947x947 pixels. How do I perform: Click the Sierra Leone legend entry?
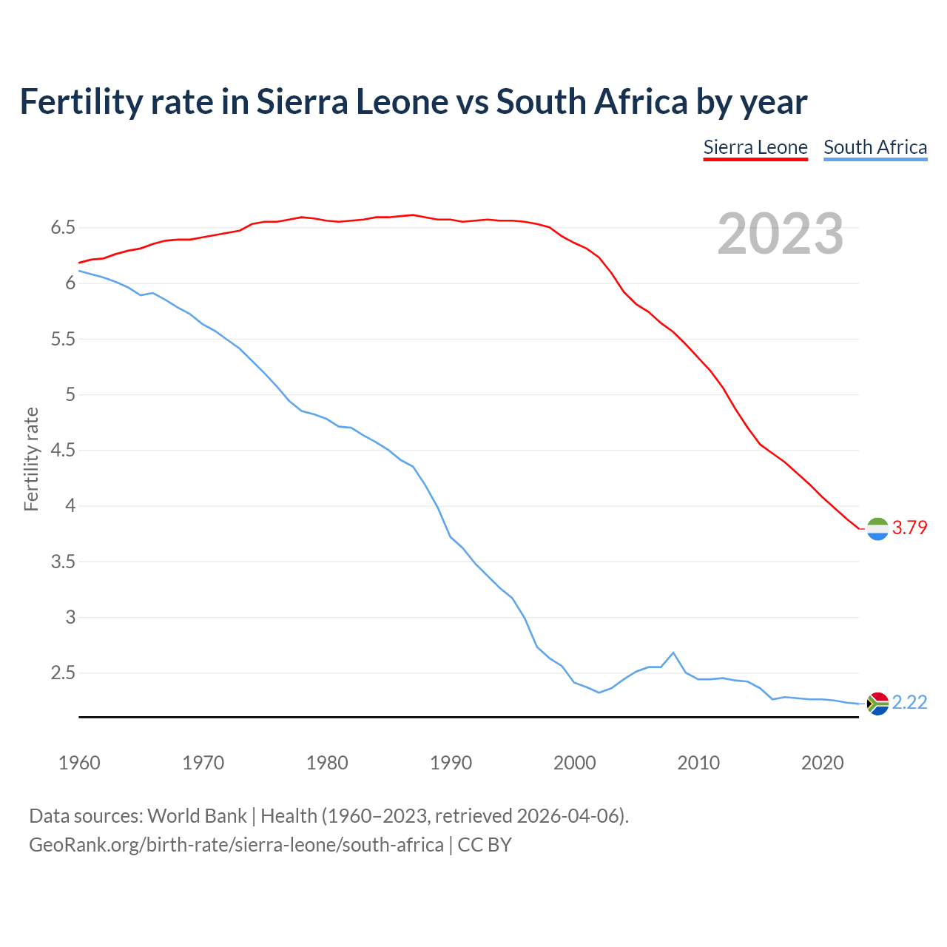pos(755,147)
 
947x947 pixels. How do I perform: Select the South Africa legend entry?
pos(874,147)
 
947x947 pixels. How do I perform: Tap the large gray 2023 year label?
pos(780,234)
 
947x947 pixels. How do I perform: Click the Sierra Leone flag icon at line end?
pos(877,529)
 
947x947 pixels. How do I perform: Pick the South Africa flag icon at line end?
pos(877,703)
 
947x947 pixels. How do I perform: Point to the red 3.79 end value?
pos(909,528)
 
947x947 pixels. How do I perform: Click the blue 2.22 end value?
pos(909,702)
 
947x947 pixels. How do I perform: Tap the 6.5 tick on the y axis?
pos(64,227)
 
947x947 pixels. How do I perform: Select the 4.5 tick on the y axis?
pos(64,450)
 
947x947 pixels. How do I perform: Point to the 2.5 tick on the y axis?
pos(64,673)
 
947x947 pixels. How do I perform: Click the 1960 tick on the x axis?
pos(79,763)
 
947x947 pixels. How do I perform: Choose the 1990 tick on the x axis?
pos(451,763)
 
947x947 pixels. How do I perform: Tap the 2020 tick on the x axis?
pos(822,763)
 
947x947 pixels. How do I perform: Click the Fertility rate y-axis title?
pos(31,459)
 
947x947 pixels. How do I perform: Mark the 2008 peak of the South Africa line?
pos(673,653)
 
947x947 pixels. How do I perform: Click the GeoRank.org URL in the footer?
pos(236,844)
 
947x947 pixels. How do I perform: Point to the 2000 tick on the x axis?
pos(574,763)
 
